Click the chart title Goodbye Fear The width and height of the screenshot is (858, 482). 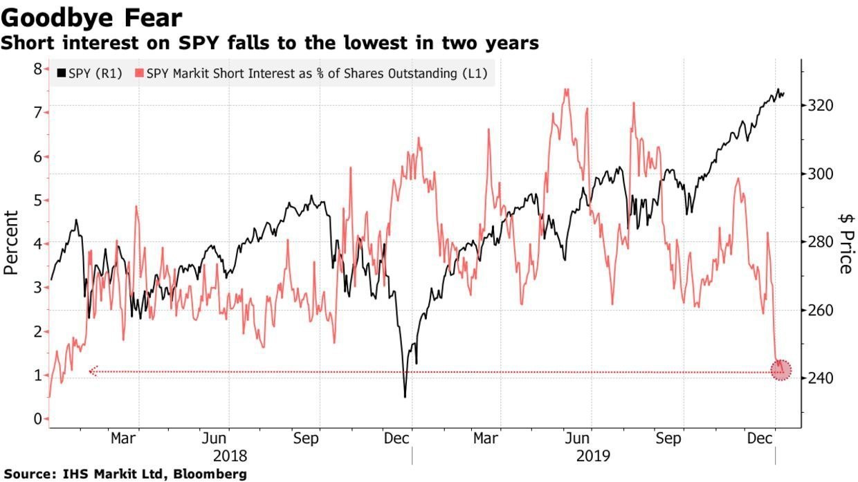coord(91,17)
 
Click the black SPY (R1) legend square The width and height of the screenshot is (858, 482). coord(60,73)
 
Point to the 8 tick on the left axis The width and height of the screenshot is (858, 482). coord(37,68)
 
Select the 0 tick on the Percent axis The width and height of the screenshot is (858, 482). coord(37,418)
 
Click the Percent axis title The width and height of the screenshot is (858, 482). coord(11,243)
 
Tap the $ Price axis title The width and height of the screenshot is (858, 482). coord(845,243)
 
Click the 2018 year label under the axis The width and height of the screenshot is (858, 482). coord(229,456)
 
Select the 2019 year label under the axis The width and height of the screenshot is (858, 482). coord(593,456)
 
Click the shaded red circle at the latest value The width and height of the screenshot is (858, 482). coord(781,371)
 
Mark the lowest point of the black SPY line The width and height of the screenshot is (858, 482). coord(405,396)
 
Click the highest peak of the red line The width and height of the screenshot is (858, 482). coord(567,89)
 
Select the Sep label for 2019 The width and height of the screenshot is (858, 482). coord(669,438)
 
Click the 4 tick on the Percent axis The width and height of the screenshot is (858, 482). coord(37,243)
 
